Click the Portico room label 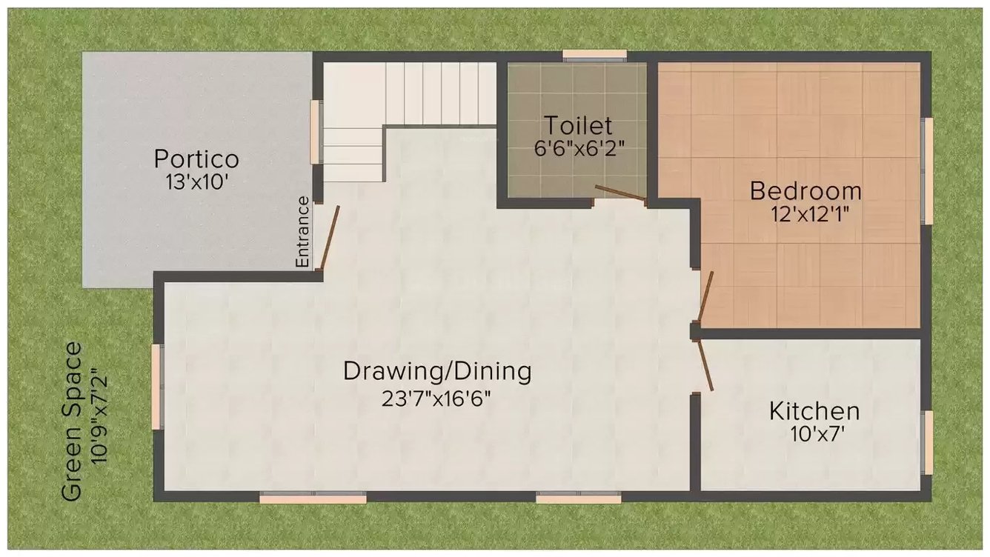pos(196,159)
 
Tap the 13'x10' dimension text pos(196,182)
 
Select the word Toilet pos(577,124)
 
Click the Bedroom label pos(805,191)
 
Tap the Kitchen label pos(814,410)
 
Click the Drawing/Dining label pos(437,370)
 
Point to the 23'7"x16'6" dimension pos(436,398)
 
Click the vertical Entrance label pos(302,231)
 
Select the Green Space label pos(72,422)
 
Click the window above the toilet pos(594,54)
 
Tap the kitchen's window pos(926,442)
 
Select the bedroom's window pos(926,170)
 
